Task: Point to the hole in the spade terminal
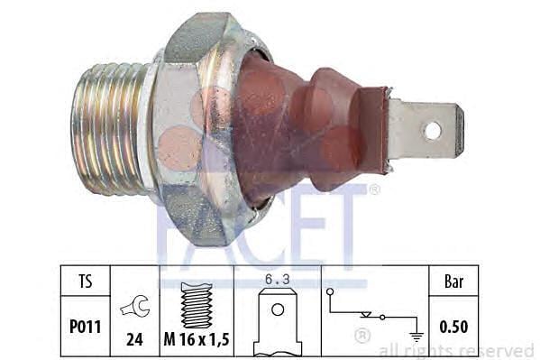(x=433, y=130)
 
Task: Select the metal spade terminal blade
(x=424, y=130)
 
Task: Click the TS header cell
(x=85, y=281)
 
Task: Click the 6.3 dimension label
(x=277, y=279)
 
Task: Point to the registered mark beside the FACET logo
(x=374, y=189)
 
